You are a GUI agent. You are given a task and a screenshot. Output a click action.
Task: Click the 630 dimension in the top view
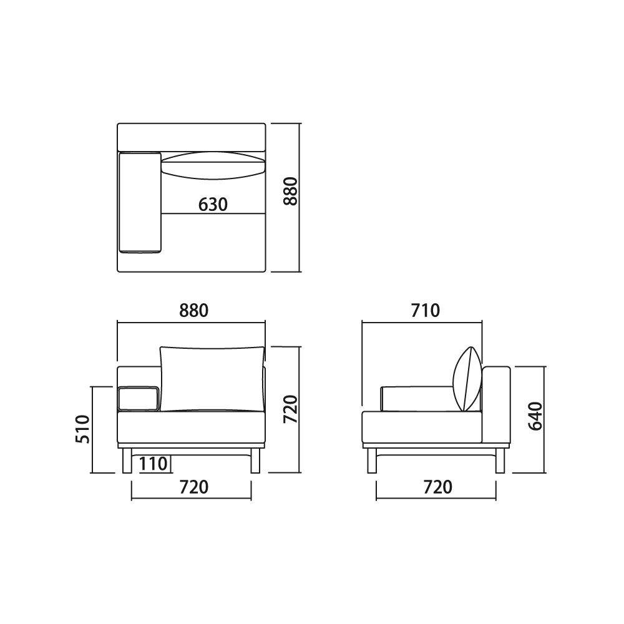coord(213,205)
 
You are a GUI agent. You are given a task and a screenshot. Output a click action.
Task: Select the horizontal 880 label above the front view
coord(194,311)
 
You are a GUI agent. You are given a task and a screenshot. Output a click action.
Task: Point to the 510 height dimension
coord(83,429)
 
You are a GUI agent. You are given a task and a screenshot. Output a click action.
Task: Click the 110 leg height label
coord(154,464)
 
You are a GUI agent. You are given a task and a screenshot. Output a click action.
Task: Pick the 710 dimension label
coord(426,311)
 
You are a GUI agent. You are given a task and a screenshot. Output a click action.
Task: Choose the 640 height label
coord(535,416)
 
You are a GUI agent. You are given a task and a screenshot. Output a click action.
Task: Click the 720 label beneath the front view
coord(194,487)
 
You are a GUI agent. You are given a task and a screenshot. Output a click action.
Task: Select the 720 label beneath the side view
coord(438,487)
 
